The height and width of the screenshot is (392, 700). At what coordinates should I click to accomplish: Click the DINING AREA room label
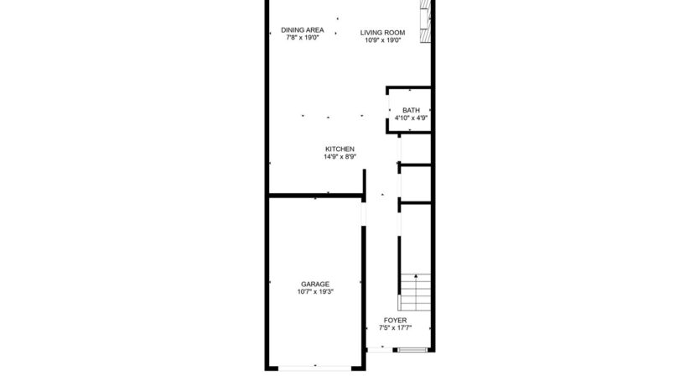[x=303, y=30]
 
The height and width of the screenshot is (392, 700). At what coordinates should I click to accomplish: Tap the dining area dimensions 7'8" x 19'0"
[x=303, y=38]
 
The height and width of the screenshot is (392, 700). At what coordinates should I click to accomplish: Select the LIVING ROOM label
[x=383, y=33]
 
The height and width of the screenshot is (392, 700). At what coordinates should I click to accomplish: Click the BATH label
[x=411, y=111]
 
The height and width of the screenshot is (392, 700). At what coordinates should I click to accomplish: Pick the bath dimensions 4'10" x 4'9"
[x=411, y=118]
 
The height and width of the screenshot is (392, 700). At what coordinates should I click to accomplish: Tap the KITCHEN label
[x=340, y=149]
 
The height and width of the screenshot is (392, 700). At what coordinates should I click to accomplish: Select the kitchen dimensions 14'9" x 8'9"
[x=340, y=156]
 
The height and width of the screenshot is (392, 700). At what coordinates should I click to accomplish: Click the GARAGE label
[x=315, y=284]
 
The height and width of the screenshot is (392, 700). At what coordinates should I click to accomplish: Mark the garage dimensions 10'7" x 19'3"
[x=315, y=291]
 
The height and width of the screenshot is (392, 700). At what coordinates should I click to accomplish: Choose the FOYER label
[x=395, y=321]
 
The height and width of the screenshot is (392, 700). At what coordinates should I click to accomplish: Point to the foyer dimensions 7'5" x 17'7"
[x=395, y=328]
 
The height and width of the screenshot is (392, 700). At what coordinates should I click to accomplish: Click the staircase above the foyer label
[x=414, y=293]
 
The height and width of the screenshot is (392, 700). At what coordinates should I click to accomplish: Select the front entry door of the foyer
[x=410, y=348]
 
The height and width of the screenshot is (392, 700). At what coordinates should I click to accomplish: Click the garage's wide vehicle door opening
[x=316, y=367]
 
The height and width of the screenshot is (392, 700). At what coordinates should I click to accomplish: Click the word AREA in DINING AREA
[x=314, y=30]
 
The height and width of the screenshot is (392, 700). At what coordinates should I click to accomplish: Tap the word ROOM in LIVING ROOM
[x=396, y=33]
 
